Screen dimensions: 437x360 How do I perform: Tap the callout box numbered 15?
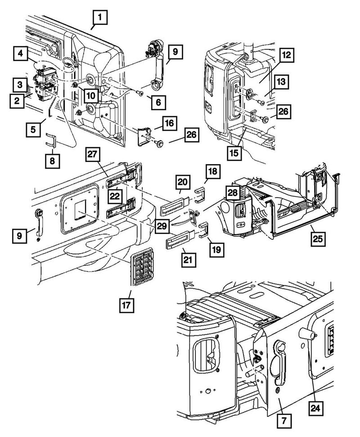click(x=234, y=152)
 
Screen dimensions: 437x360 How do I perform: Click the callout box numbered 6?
click(x=158, y=102)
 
